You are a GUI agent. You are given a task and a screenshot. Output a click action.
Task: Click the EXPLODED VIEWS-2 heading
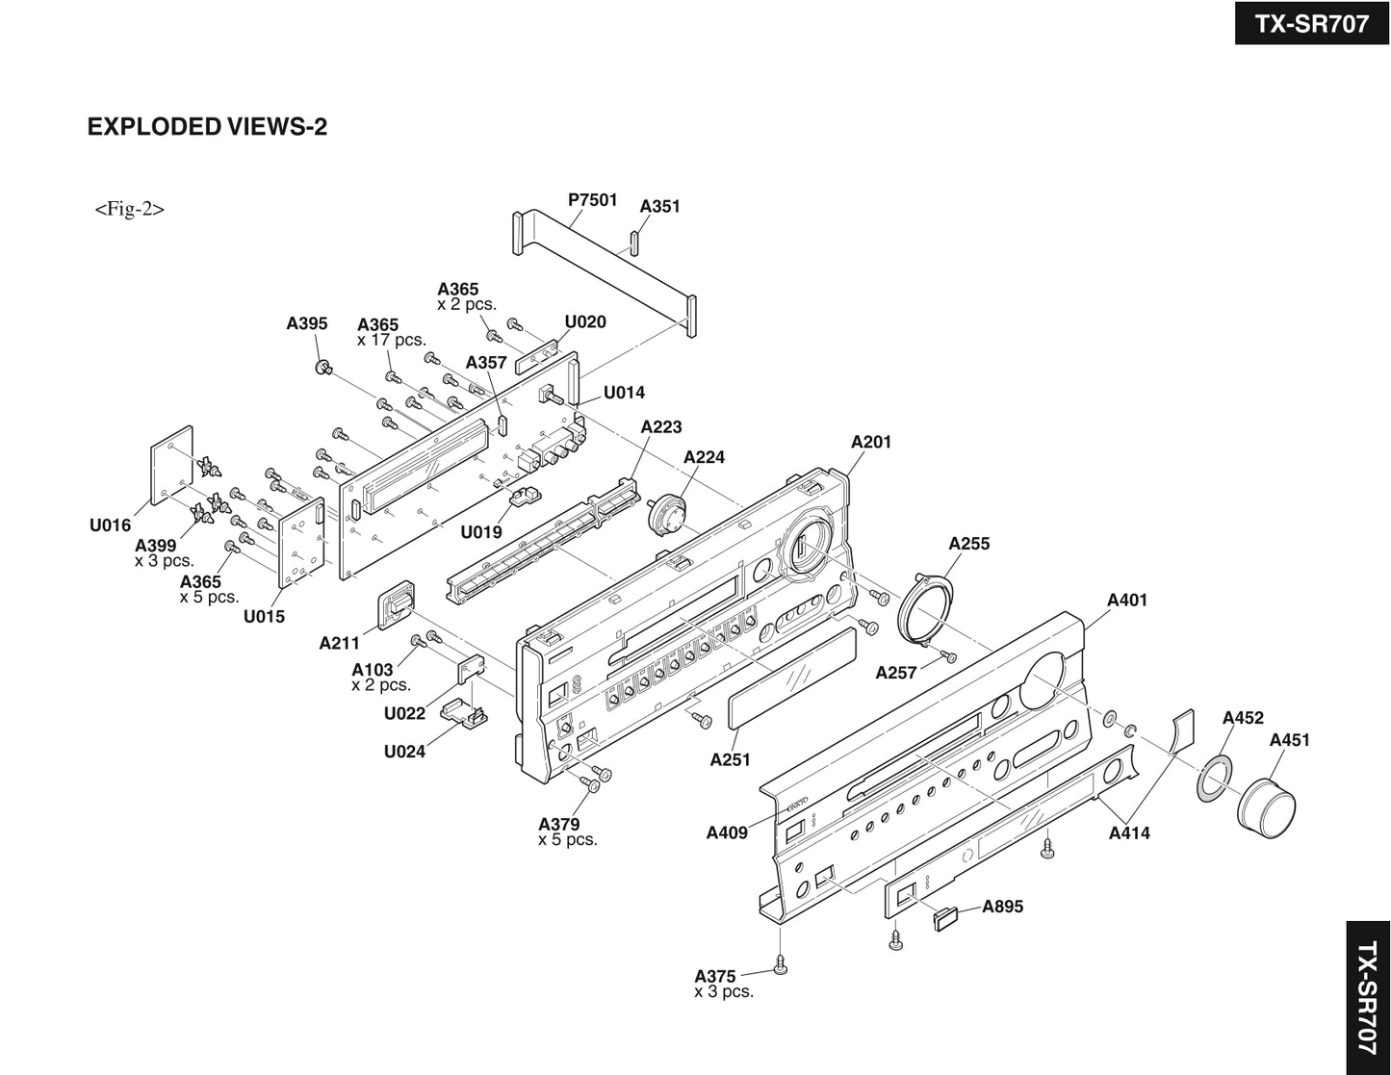click(207, 127)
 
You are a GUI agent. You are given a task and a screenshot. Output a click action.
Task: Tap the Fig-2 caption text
click(129, 209)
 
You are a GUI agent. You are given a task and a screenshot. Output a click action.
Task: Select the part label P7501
click(592, 199)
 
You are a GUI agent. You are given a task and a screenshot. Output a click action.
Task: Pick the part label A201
click(871, 442)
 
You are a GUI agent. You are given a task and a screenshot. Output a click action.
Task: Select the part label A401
click(1127, 601)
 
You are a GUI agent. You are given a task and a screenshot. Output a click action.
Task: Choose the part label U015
click(264, 617)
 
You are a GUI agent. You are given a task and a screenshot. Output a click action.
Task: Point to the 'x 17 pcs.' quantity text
click(391, 341)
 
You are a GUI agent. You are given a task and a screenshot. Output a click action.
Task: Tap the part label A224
click(704, 457)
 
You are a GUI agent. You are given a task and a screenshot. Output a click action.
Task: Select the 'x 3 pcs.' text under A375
click(724, 992)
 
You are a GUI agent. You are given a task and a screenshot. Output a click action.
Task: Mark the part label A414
click(1129, 833)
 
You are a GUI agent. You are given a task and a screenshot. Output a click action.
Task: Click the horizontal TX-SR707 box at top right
click(1311, 23)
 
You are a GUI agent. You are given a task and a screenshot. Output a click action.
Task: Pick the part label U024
click(404, 752)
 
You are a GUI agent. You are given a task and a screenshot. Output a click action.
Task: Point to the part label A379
click(559, 824)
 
